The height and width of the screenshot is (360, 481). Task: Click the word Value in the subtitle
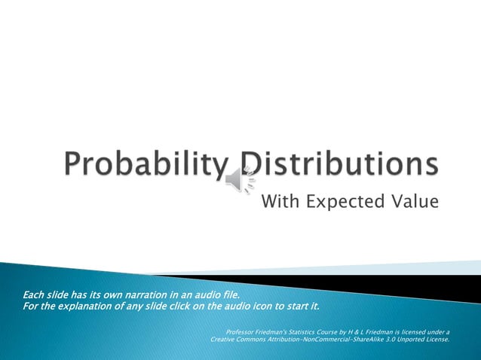[x=412, y=201]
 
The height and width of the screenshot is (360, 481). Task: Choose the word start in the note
[x=296, y=306]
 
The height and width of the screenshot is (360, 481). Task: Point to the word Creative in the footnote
[x=225, y=340]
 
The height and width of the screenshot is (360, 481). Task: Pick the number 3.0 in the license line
[x=391, y=340]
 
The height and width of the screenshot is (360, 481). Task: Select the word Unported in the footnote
[x=415, y=340]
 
